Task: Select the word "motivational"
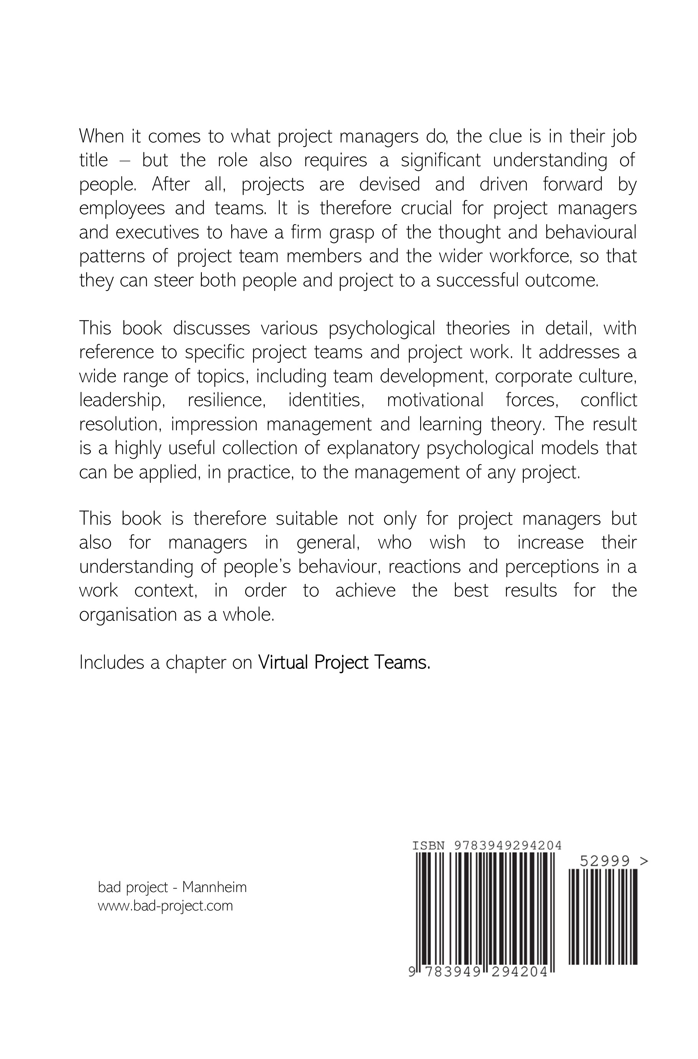[435, 400]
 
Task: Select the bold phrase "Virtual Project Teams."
[344, 663]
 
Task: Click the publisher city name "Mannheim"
[214, 887]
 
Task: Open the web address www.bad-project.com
[165, 906]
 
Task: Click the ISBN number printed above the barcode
[507, 845]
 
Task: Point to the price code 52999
[605, 861]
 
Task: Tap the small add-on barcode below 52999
[603, 917]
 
